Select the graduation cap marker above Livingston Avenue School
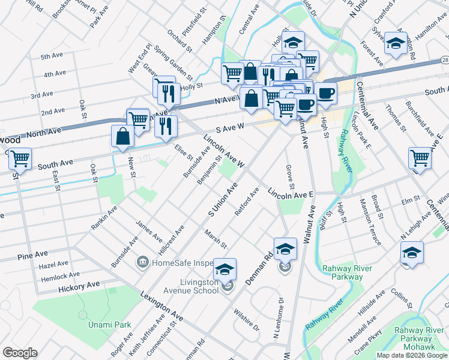[x=225, y=269]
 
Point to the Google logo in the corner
[x=20, y=352]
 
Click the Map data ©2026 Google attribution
[x=411, y=355]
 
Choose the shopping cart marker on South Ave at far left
[x=20, y=159]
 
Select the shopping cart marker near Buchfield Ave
[x=420, y=158]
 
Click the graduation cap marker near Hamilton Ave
[x=396, y=43]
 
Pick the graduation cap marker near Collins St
[x=412, y=252]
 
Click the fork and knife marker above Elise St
[x=166, y=125]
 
